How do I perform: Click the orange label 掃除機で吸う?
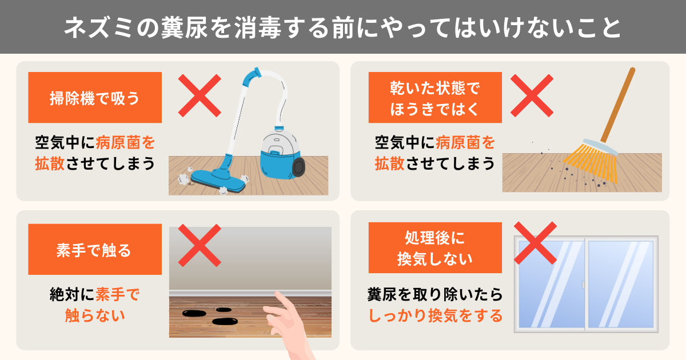point(95,97)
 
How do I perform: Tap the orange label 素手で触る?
point(95,249)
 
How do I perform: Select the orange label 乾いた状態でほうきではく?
point(435,97)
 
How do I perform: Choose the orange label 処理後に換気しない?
point(435,247)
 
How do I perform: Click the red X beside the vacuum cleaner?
point(200,95)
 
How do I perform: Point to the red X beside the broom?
point(532,95)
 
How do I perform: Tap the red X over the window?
point(535,243)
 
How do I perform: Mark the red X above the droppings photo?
point(200,246)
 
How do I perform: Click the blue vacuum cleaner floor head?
point(218,181)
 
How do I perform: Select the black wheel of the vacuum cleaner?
point(298,167)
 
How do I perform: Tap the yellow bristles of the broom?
point(591,162)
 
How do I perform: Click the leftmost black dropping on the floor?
point(194,313)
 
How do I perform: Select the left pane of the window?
point(552,284)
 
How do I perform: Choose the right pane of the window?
point(621,284)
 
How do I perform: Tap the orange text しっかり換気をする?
point(435,315)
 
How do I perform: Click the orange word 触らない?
point(95,315)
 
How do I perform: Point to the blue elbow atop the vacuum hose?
point(252,77)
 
